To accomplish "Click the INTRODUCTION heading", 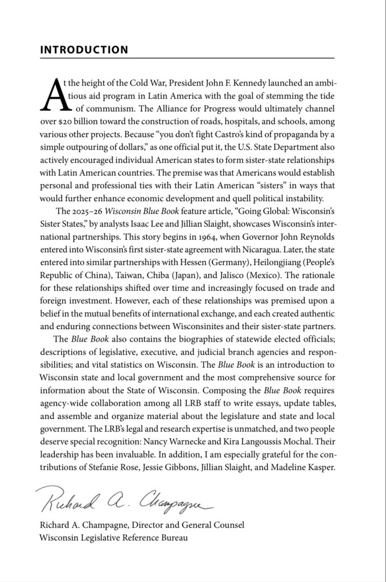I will click(x=84, y=50).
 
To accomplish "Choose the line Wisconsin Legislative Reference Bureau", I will click(x=113, y=538).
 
